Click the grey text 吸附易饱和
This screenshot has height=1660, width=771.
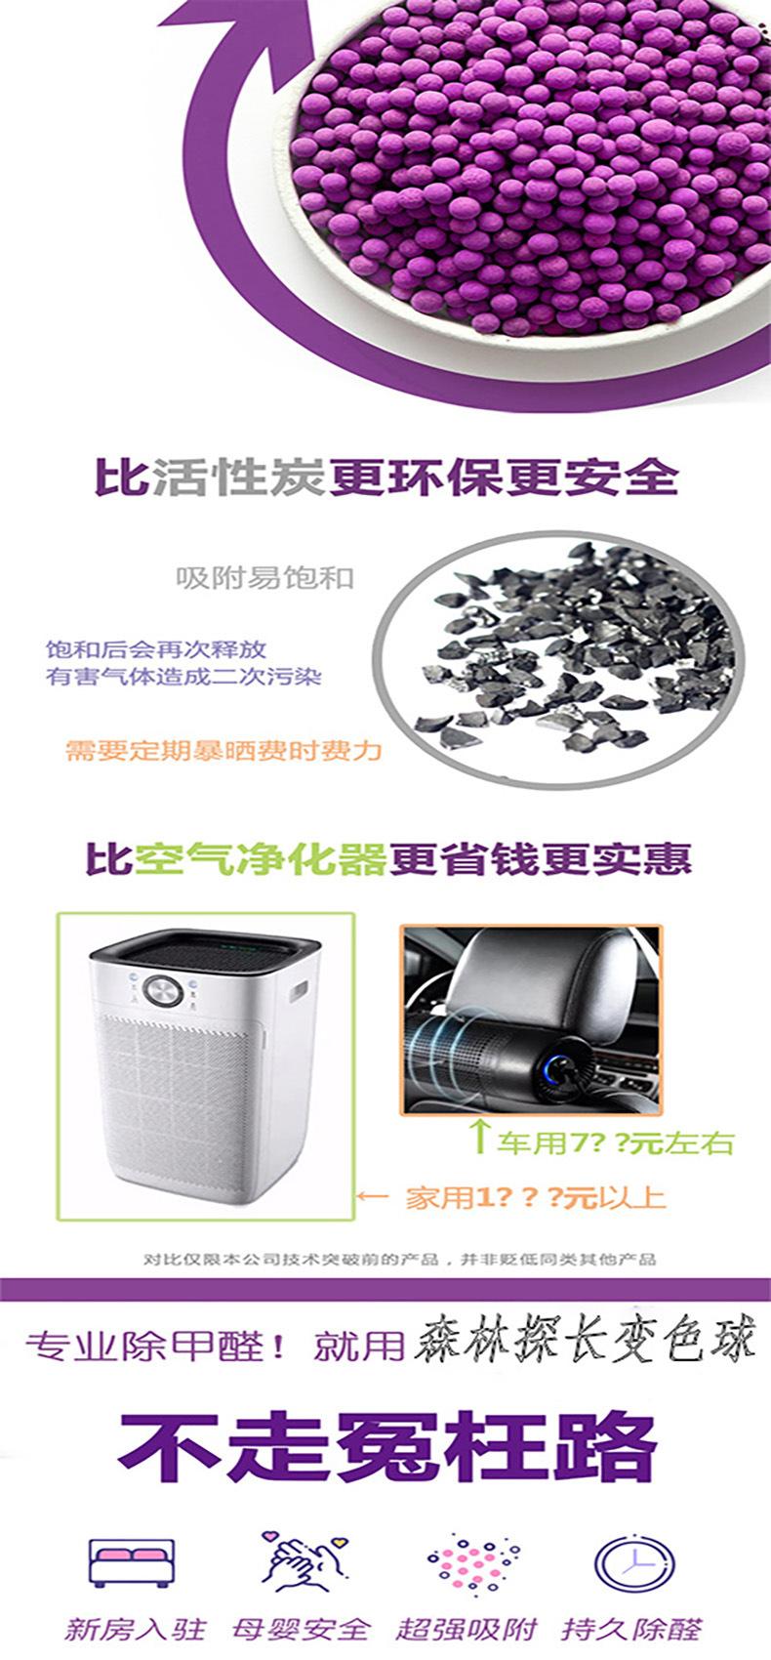264,578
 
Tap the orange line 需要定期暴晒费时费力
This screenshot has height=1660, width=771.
223,751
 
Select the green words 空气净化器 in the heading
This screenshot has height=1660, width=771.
262,858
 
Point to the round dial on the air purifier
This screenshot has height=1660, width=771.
162,991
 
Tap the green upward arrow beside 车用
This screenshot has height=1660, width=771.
478,1137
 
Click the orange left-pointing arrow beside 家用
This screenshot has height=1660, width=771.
374,1196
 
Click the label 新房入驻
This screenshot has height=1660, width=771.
136,1629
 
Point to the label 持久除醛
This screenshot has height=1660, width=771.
631,1629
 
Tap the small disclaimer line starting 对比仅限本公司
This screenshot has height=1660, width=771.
399,1259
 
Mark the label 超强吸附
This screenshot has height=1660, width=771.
467,1629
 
